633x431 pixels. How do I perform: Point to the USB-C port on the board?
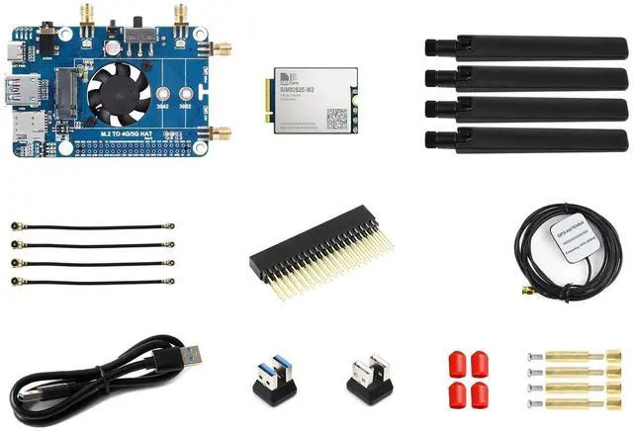point(15,52)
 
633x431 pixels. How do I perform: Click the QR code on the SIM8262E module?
point(337,117)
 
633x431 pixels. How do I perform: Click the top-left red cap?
point(457,360)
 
